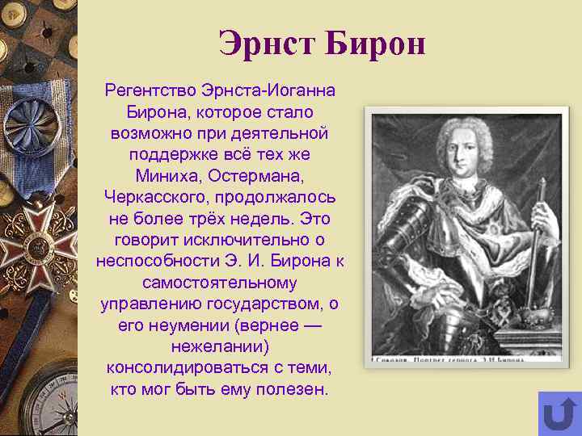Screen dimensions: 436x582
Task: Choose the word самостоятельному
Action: [219, 283]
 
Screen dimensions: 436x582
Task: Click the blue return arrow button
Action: [559, 413]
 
